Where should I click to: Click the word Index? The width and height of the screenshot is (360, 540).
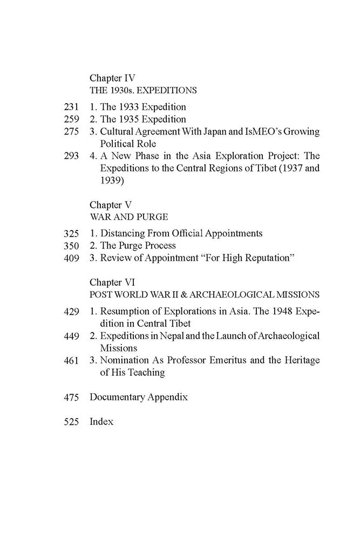101,422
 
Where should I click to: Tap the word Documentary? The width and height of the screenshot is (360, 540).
119,397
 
